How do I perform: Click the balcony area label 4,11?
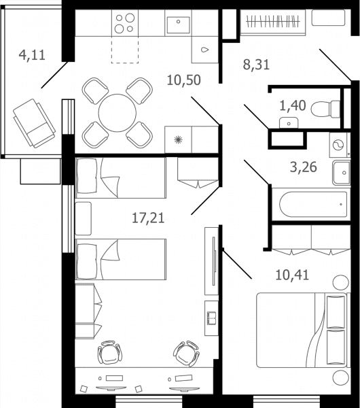[32, 55]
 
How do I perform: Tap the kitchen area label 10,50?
[184, 80]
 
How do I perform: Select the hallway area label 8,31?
[256, 65]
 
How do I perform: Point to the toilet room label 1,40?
[293, 105]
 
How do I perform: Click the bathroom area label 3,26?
[304, 167]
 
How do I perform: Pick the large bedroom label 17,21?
[148, 218]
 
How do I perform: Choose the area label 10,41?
[292, 275]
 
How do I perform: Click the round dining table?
[118, 113]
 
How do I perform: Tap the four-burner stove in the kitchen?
[125, 23]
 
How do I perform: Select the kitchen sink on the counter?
[179, 25]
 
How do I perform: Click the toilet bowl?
[325, 109]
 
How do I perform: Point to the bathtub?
[313, 205]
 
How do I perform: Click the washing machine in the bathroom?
[340, 145]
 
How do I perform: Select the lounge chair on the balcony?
[34, 123]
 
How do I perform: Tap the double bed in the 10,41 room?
[303, 330]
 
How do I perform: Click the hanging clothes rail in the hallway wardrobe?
[273, 22]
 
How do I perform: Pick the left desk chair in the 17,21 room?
[110, 352]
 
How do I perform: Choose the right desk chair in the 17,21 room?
[186, 354]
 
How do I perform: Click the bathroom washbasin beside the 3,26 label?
[342, 173]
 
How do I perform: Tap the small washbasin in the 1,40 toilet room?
[289, 123]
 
